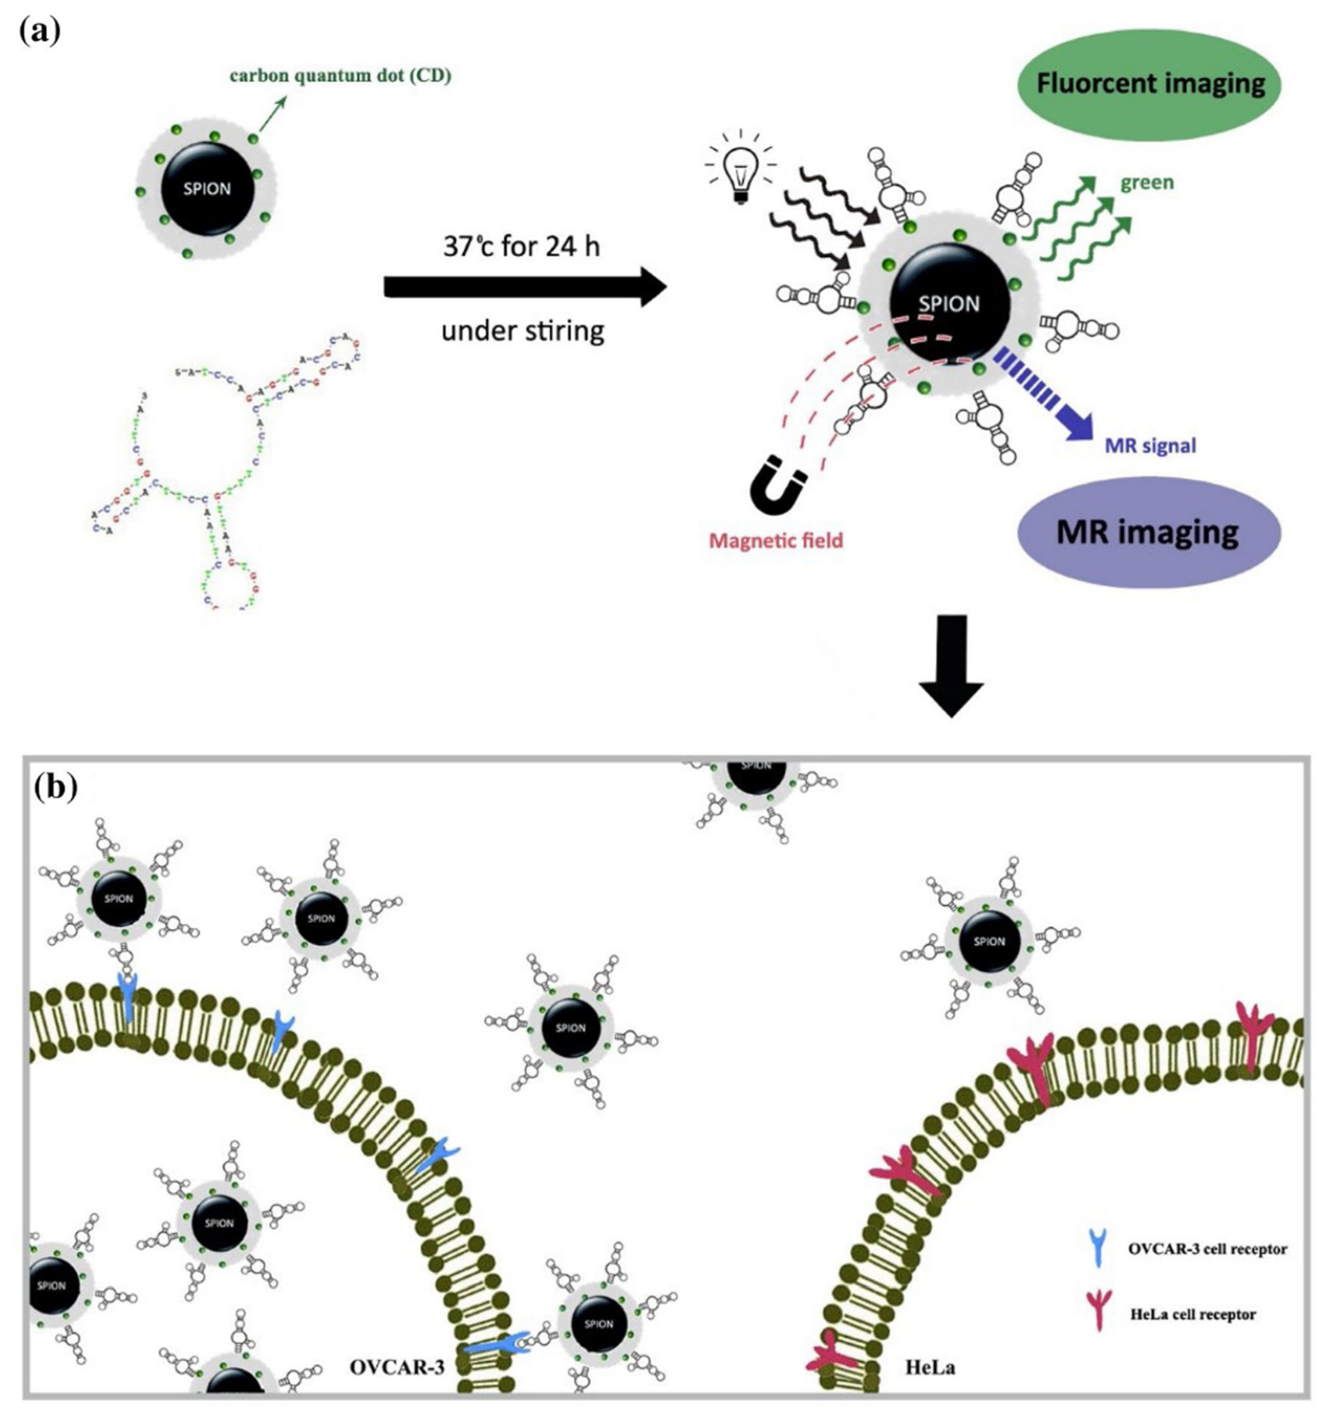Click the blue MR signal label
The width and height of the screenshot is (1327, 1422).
click(x=1150, y=445)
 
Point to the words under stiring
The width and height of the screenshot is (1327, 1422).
click(x=522, y=330)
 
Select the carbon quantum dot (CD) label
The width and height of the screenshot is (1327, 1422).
click(x=340, y=75)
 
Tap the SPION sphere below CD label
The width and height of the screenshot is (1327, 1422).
click(x=207, y=189)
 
